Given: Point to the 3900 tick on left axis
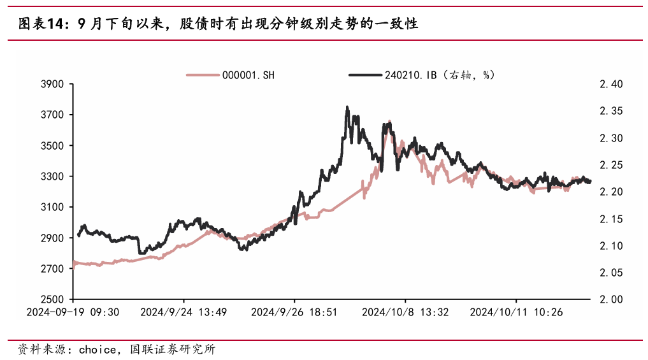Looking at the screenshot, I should pyautogui.click(x=53, y=84).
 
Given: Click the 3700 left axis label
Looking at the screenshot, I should pyautogui.click(x=53, y=115).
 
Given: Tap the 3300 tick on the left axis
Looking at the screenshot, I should pyautogui.click(x=53, y=176).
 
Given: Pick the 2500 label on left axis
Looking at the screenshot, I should pyautogui.click(x=53, y=299).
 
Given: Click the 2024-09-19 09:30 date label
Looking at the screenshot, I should pyautogui.click(x=73, y=312).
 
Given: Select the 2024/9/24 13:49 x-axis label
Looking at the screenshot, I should pyautogui.click(x=184, y=312).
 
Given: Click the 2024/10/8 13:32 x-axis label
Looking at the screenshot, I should pyautogui.click(x=405, y=312).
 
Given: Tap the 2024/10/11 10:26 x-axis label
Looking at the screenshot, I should pyautogui.click(x=516, y=312).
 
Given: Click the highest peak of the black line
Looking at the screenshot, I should pyautogui.click(x=347, y=107).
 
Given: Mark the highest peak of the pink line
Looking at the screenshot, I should pyautogui.click(x=389, y=120).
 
